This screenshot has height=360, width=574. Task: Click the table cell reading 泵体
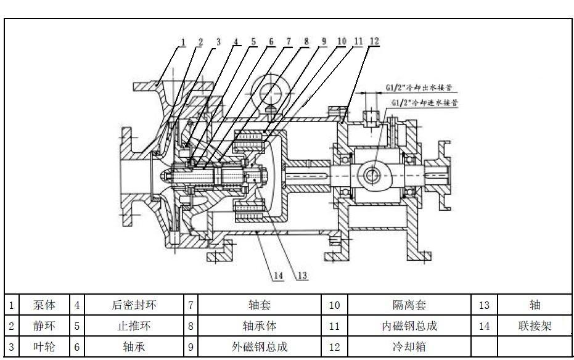pyautogui.click(x=44, y=305)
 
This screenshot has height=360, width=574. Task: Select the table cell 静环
pyautogui.click(x=44, y=326)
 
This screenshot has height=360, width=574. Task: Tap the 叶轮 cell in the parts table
pyautogui.click(x=44, y=347)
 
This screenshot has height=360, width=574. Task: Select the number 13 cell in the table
pyautogui.click(x=484, y=305)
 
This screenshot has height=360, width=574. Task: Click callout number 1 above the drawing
pyautogui.click(x=183, y=42)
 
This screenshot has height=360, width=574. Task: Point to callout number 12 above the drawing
pyautogui.click(x=373, y=41)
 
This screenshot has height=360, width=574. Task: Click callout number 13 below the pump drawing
pyautogui.click(x=301, y=276)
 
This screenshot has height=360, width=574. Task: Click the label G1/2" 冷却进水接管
pyautogui.click(x=422, y=103)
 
